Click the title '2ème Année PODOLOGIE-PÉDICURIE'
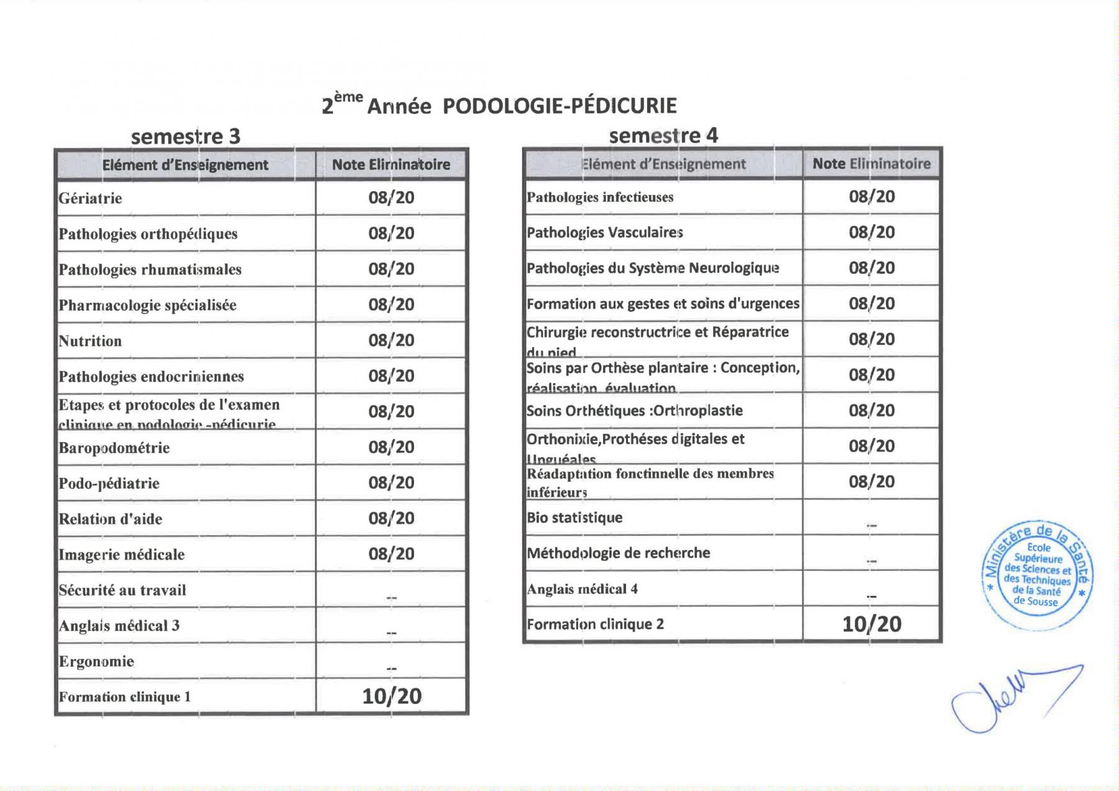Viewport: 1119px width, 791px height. click(x=499, y=106)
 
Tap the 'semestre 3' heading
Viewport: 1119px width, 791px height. click(x=185, y=136)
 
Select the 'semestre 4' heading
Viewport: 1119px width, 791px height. click(x=663, y=135)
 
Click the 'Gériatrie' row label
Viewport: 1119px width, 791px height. click(x=90, y=198)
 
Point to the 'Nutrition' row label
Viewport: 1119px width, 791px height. click(x=90, y=341)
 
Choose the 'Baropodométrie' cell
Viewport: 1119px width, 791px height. click(x=114, y=448)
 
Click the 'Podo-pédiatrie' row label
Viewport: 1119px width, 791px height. click(x=109, y=483)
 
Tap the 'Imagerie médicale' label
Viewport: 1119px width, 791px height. click(x=121, y=555)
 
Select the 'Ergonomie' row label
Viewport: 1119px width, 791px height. click(x=96, y=661)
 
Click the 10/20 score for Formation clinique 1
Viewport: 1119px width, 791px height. click(x=392, y=697)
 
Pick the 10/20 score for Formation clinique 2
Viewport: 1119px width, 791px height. click(x=872, y=624)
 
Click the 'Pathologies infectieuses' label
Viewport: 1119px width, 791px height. click(x=600, y=198)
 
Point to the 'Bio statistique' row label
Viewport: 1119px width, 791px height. click(x=574, y=518)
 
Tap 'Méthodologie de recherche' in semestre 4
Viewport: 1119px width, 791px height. click(x=618, y=553)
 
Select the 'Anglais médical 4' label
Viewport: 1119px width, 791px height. click(x=582, y=589)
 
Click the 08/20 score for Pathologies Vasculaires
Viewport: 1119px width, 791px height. click(x=872, y=232)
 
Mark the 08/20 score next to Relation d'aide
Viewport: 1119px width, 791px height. click(x=391, y=518)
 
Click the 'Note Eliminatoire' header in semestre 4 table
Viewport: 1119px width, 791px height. click(x=872, y=164)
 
